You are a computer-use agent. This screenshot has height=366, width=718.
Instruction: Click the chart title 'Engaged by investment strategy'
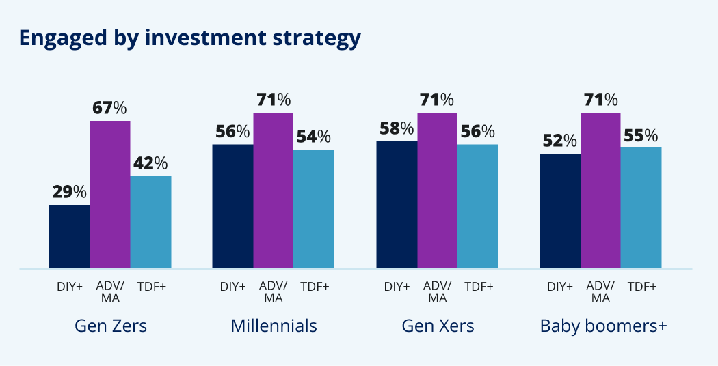pos(189,38)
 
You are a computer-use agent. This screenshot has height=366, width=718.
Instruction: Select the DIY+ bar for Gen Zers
pos(70,236)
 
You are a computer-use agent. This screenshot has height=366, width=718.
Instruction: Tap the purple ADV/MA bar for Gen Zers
pos(110,195)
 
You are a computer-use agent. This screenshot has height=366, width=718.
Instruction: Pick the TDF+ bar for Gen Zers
pos(150,222)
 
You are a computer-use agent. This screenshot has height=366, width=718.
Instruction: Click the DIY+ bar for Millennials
pos(232,206)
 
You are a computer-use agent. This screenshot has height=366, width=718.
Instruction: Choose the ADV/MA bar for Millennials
pos(274,191)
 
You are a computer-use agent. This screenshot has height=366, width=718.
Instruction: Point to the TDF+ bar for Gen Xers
pos(478,206)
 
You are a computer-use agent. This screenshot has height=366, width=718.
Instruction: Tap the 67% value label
pos(110,108)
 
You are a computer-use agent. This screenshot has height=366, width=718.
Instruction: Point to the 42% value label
pos(150,163)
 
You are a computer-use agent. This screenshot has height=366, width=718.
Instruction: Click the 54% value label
pos(314,137)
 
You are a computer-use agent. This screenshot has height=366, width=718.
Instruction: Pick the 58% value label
pos(397,128)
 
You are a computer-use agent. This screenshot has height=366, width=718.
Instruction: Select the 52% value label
pos(560,141)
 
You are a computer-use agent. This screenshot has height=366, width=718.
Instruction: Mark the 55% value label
pos(641,135)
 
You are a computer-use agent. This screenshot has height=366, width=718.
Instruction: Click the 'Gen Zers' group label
pos(111,326)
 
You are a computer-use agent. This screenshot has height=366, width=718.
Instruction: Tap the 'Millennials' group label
pos(274,326)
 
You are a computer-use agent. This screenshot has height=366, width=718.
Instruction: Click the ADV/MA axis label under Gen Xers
pos(438,292)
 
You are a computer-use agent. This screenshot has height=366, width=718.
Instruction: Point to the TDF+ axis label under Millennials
pos(315,286)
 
